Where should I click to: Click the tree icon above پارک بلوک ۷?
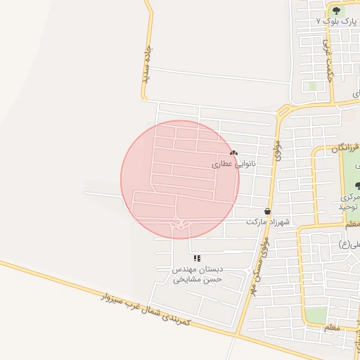point(336,11)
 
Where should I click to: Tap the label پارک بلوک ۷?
point(337,22)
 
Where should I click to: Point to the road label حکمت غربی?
point(327,60)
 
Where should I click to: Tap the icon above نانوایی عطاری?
point(234,153)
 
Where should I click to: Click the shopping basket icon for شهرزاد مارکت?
point(267,211)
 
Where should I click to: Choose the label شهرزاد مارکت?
point(268,221)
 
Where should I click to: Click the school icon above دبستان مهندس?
point(198,258)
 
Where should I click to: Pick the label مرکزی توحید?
point(349,203)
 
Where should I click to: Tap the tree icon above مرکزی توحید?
point(358,186)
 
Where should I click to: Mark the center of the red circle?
point(180,179)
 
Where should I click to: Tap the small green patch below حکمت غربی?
point(311,86)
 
